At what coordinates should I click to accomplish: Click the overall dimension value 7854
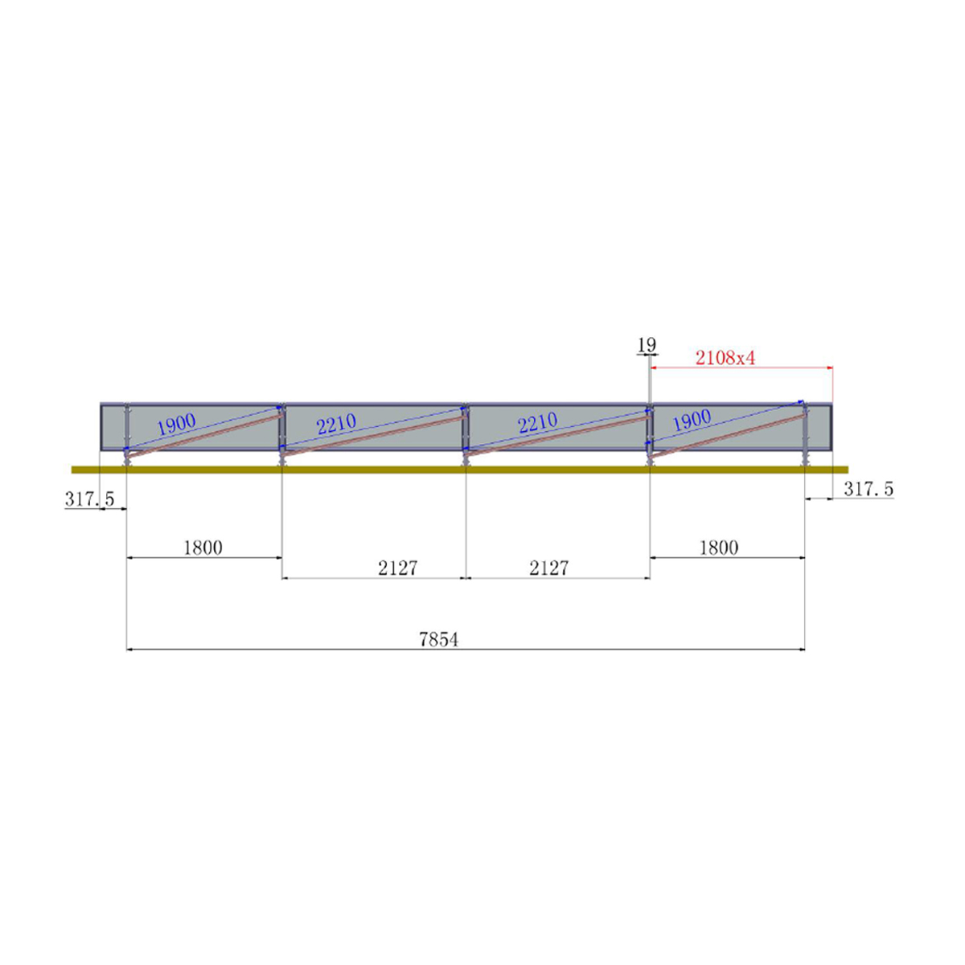438,639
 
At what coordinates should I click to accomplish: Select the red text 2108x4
725,358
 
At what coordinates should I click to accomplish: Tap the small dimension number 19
647,345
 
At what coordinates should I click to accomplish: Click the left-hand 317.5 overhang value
90,499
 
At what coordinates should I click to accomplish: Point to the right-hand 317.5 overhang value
868,489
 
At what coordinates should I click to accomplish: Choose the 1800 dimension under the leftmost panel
203,548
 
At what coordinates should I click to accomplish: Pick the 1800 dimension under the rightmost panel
718,548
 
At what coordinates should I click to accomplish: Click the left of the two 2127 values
398,569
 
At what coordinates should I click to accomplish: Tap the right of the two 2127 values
549,569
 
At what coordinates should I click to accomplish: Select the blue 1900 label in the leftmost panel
176,425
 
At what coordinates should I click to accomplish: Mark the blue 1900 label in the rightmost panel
691,420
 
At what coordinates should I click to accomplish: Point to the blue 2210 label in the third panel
537,423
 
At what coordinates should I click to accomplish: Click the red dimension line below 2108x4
740,368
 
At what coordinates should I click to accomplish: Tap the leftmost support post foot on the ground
126,462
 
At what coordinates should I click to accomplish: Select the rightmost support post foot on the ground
804,462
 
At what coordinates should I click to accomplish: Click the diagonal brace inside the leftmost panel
205,437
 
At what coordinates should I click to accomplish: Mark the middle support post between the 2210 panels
465,434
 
